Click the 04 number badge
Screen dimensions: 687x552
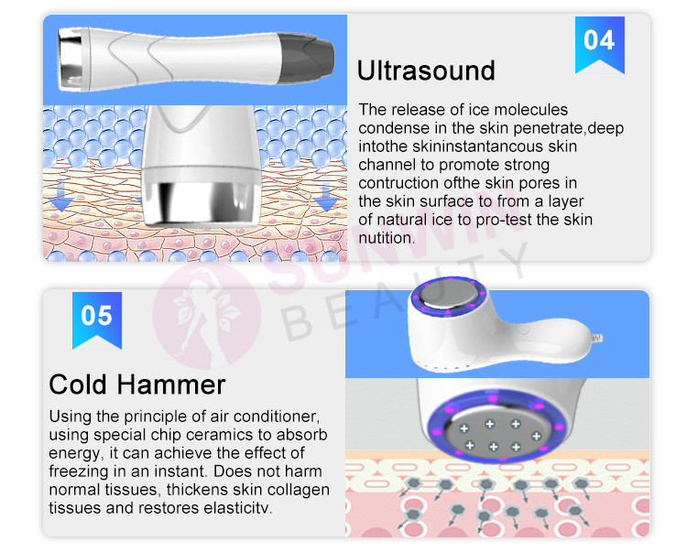(599, 45)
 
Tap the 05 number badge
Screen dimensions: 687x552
(97, 320)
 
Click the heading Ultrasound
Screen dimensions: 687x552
(426, 70)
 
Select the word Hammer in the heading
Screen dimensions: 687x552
(171, 384)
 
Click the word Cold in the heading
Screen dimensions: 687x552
(78, 384)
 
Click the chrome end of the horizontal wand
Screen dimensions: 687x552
(71, 60)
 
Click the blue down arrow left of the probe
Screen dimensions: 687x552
(60, 198)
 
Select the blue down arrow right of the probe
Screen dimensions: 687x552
(325, 198)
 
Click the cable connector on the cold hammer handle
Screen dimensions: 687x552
(597, 338)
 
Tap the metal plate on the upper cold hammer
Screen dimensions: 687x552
(448, 293)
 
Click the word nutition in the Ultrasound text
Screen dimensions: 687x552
(386, 238)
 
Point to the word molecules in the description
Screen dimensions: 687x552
(531, 110)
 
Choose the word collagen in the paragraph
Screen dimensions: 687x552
(299, 490)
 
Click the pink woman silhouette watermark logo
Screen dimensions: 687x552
(207, 316)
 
